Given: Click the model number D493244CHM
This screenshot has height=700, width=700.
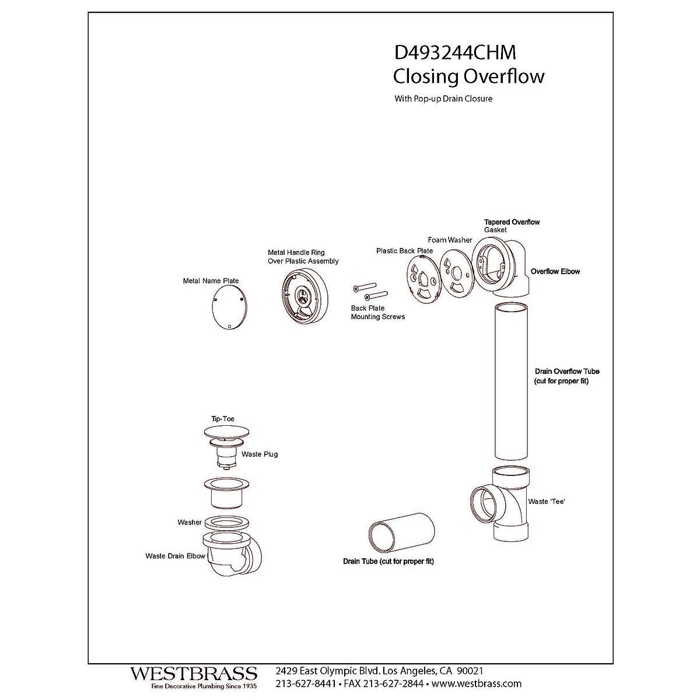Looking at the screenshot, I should pos(455,52).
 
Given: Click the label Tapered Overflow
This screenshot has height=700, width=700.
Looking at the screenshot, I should pos(512,222).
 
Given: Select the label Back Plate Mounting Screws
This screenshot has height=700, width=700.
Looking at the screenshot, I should pos(377,312).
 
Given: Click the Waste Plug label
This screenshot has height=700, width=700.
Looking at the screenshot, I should pos(260,454).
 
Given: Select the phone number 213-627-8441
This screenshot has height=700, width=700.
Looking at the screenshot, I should pos(305,683).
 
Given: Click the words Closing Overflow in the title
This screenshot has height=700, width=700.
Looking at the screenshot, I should pos(468,76).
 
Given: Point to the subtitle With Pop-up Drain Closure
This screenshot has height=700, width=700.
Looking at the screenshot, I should pos(443,99).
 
